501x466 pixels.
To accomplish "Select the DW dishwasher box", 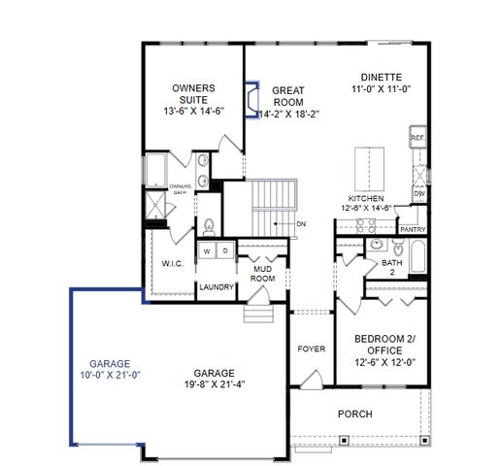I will [x=419, y=193].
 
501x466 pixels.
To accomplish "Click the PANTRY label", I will [x=414, y=229].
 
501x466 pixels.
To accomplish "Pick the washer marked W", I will [x=206, y=251].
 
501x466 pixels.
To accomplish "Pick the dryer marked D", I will [x=223, y=251].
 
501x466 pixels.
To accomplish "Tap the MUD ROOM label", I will [x=261, y=273].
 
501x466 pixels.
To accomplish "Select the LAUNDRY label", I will [x=215, y=287].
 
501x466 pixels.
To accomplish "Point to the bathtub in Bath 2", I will [x=417, y=258].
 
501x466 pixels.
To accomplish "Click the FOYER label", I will [x=311, y=347].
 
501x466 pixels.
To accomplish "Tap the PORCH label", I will [x=354, y=415].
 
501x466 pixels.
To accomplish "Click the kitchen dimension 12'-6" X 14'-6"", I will [x=365, y=207].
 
